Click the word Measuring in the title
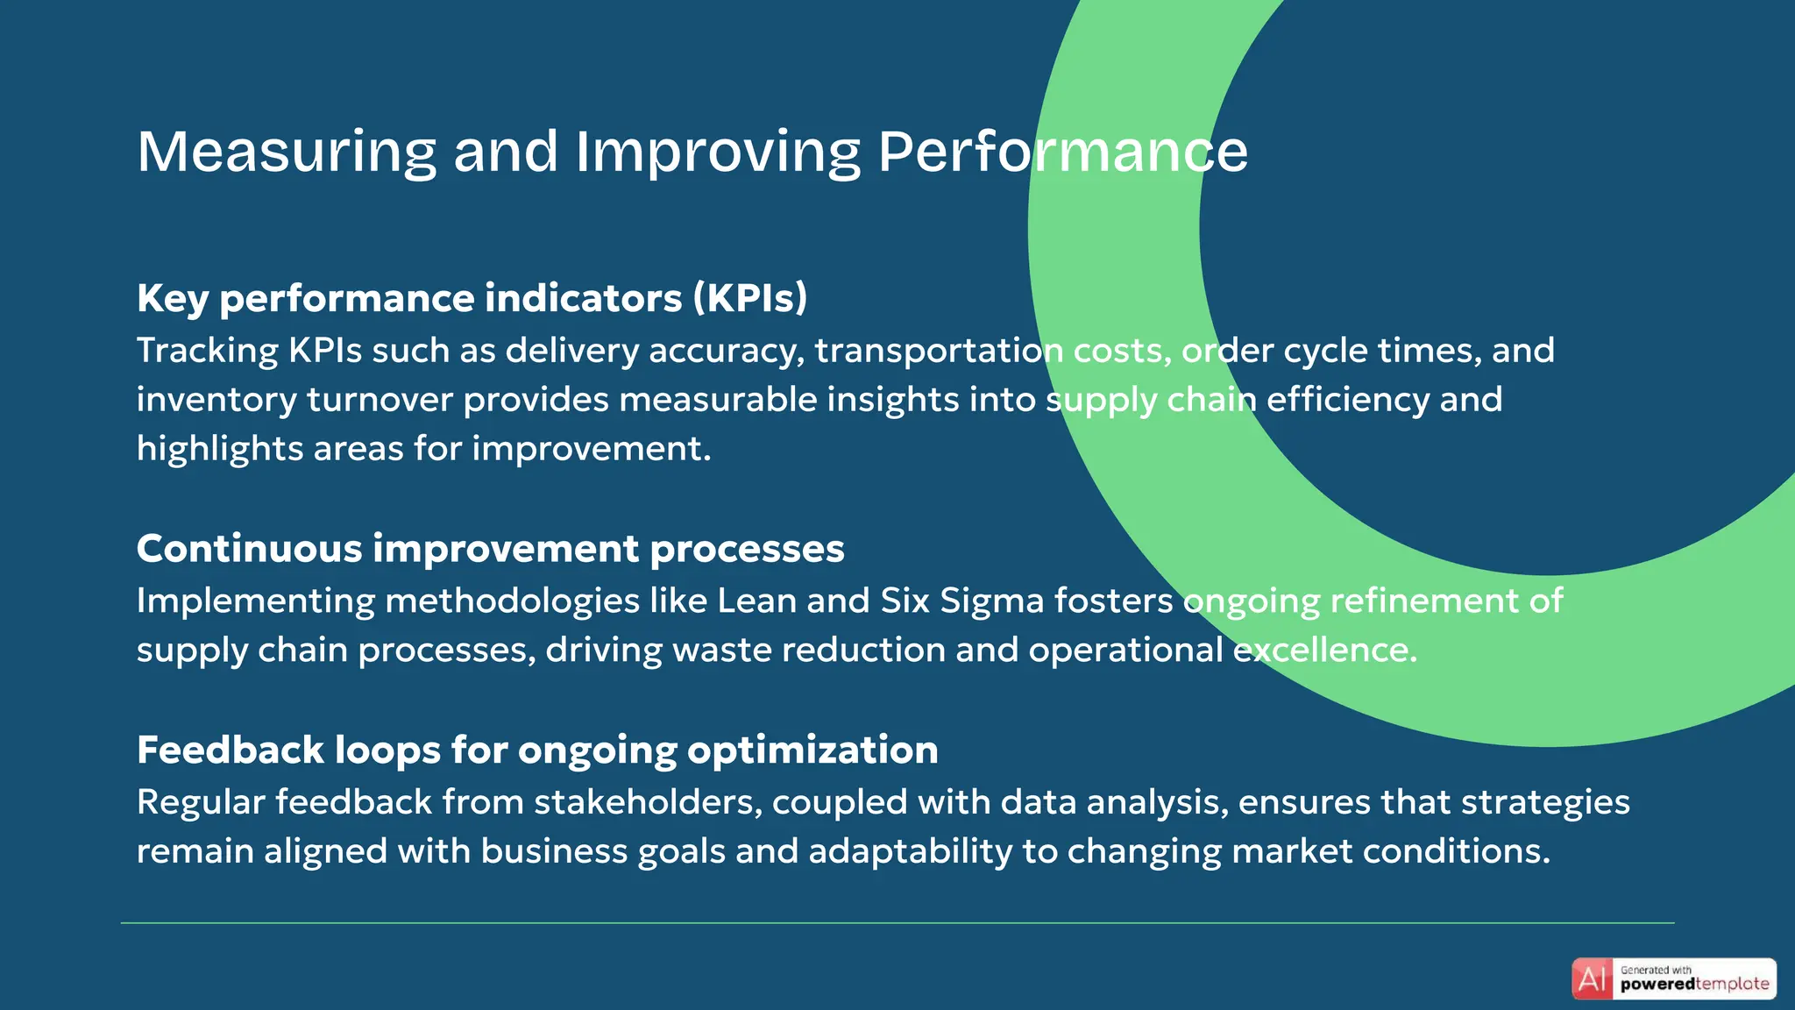(287, 153)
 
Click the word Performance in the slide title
(1062, 153)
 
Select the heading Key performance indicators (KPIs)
(472, 299)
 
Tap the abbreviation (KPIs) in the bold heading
(750, 299)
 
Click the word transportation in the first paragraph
(939, 351)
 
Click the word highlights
(220, 449)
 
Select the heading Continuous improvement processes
(490, 549)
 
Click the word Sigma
(991, 601)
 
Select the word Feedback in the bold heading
(231, 750)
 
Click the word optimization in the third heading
(812, 750)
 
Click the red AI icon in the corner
(1592, 978)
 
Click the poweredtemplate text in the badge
(1694, 985)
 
